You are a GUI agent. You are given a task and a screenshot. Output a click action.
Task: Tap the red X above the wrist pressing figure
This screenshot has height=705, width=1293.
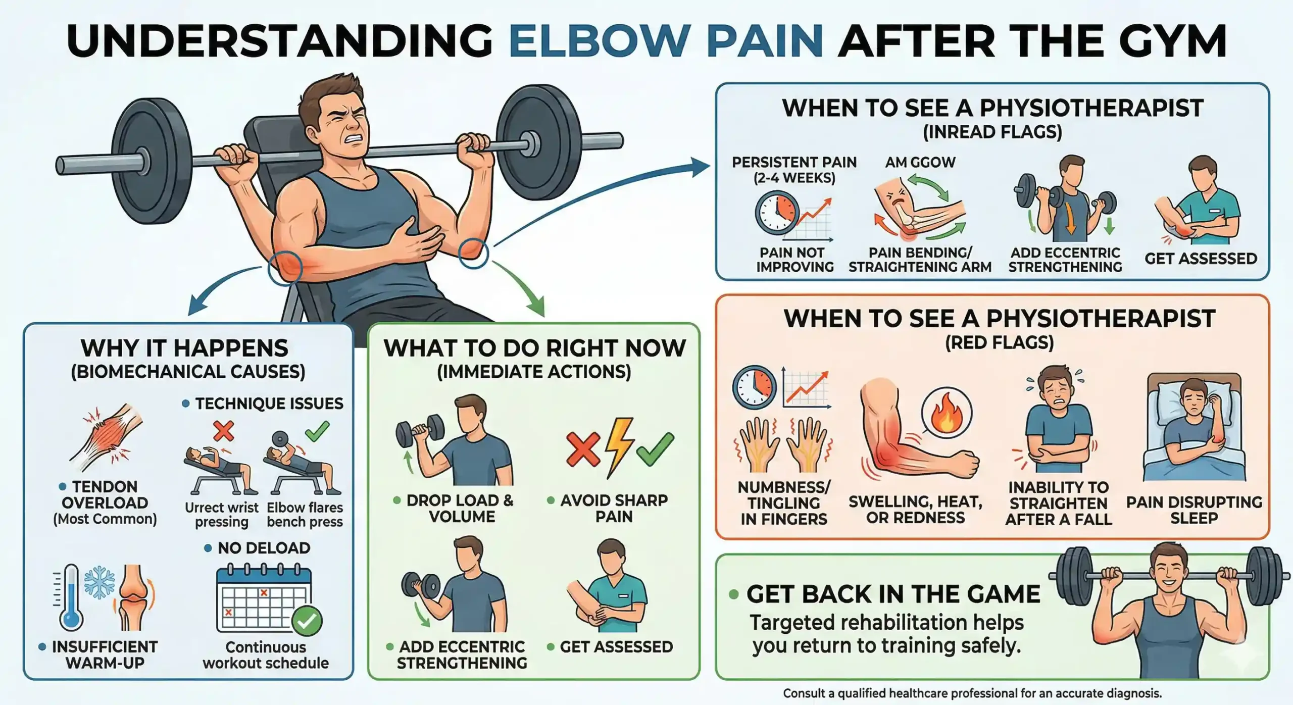coord(223,431)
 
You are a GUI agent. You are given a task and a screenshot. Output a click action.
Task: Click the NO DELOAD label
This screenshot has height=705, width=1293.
coord(264,548)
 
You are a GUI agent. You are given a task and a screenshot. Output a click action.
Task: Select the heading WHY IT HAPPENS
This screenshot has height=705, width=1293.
coord(184,348)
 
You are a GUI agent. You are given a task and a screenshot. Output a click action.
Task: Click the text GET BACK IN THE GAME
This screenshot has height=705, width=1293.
coord(893,594)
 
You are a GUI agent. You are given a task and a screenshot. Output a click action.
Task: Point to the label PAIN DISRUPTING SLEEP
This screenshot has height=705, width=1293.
coord(1194,510)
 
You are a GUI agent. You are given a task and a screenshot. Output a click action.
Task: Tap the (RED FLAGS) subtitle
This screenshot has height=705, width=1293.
coord(999,343)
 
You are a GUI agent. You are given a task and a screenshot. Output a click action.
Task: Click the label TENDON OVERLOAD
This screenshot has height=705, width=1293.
coord(105,494)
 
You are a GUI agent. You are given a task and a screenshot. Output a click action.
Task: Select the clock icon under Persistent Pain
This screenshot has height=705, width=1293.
coord(777,213)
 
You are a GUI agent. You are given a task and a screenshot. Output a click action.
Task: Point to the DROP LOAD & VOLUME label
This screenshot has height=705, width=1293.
coord(460,508)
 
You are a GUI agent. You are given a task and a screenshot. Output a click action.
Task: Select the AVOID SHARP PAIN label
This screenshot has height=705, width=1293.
coord(614,508)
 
